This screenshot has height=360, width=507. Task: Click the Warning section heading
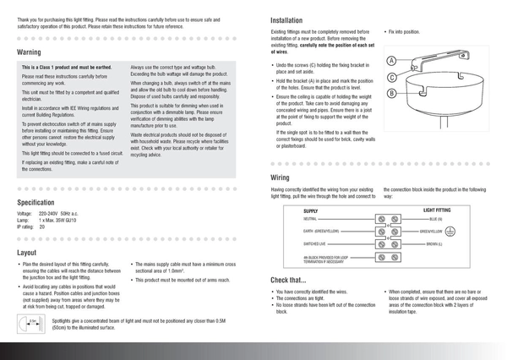click(29, 52)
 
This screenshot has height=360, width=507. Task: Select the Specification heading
click(35, 203)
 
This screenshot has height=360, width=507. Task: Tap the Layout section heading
click(26, 253)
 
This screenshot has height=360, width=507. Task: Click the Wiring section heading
click(280, 178)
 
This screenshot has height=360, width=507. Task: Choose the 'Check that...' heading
click(288, 280)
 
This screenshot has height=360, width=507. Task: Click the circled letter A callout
click(392, 61)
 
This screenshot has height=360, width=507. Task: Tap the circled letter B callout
click(392, 93)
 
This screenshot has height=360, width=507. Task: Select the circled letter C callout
click(392, 77)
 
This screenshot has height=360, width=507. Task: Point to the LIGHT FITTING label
click(437, 210)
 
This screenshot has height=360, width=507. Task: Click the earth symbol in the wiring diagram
click(450, 231)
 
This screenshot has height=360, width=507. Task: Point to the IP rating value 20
click(42, 227)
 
